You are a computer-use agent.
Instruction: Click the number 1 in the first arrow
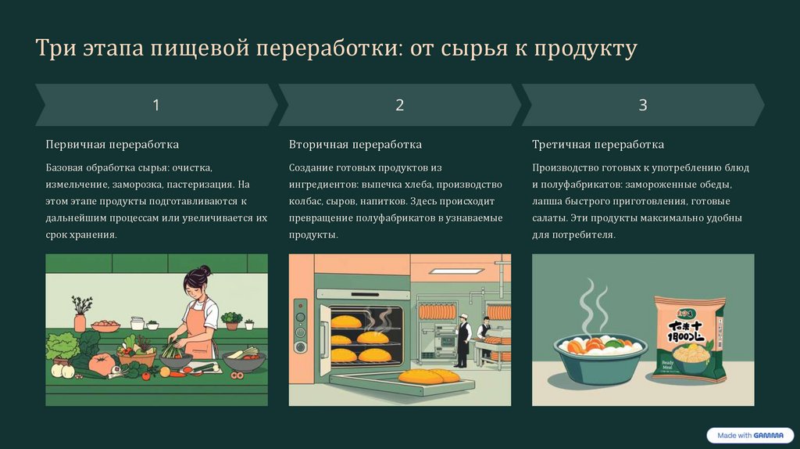(x=156, y=106)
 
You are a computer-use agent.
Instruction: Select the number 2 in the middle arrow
(x=399, y=106)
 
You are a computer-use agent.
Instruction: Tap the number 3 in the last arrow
(x=643, y=106)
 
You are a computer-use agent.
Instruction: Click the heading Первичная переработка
(x=112, y=145)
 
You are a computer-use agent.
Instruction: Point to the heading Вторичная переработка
(x=355, y=145)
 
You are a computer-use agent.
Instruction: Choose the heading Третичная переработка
(x=598, y=145)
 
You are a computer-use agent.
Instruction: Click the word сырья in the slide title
(x=474, y=48)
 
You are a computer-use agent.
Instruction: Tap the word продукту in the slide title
(x=586, y=48)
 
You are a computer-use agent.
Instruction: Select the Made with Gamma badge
(x=750, y=436)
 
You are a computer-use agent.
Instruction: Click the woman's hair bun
(x=205, y=270)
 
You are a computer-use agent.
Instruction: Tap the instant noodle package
(x=689, y=338)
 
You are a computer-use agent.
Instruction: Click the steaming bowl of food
(x=601, y=357)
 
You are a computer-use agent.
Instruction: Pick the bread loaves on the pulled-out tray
(x=429, y=376)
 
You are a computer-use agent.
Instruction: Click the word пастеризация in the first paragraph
(x=201, y=185)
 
